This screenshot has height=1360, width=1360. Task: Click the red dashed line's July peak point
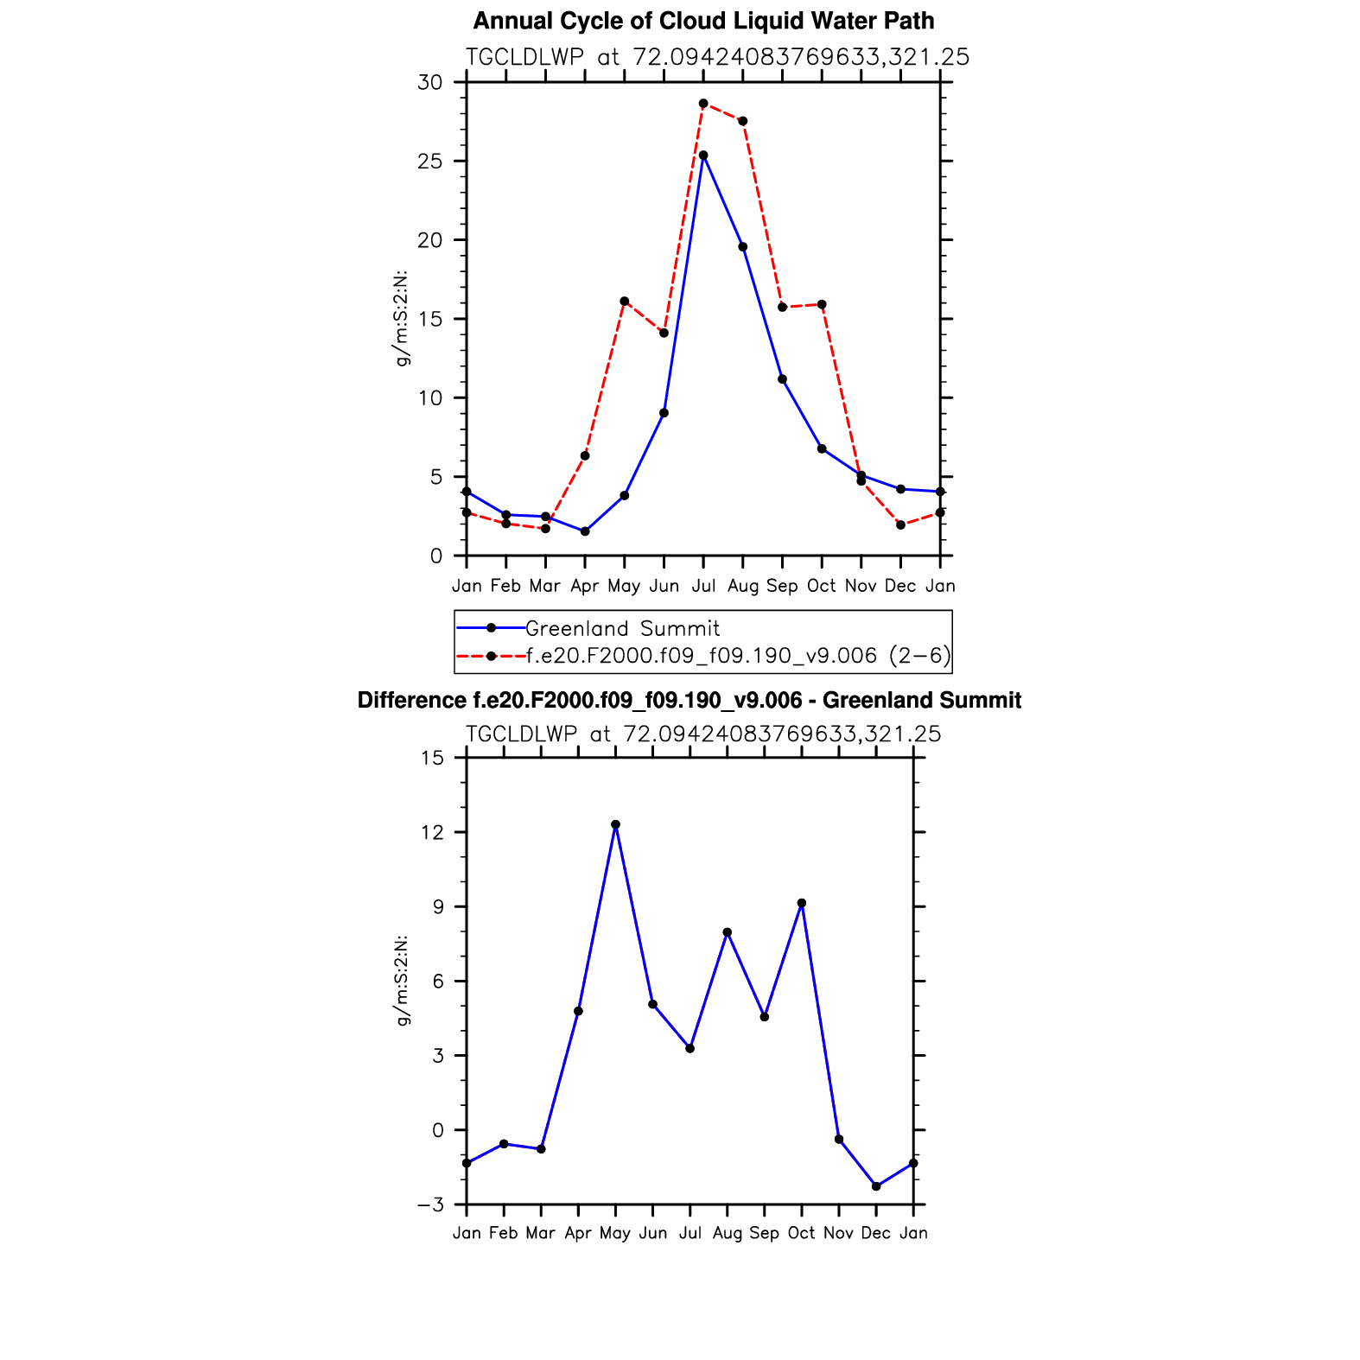coord(703,104)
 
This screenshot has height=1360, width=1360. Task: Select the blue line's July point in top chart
coord(703,156)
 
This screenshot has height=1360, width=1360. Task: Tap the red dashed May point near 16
coord(625,302)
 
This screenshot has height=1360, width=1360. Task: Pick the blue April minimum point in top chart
coord(585,531)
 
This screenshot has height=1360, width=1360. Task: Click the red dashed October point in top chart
coord(822,304)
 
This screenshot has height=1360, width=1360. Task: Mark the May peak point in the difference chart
coord(615,824)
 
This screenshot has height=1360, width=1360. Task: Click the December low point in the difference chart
coord(876,1186)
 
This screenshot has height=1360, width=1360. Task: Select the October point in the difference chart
coord(802,903)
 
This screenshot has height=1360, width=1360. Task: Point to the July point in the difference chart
coord(690,1048)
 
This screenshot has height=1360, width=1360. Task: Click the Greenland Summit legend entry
coord(622,628)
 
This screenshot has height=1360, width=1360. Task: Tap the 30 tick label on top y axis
coord(429,82)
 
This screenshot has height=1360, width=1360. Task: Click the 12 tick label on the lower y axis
coord(431,832)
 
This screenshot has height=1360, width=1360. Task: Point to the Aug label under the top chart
coord(743,586)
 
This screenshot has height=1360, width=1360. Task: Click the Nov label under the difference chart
coord(838,1233)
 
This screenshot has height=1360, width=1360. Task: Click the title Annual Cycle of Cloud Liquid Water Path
coord(703,21)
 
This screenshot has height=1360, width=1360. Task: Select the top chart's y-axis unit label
coord(402,319)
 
